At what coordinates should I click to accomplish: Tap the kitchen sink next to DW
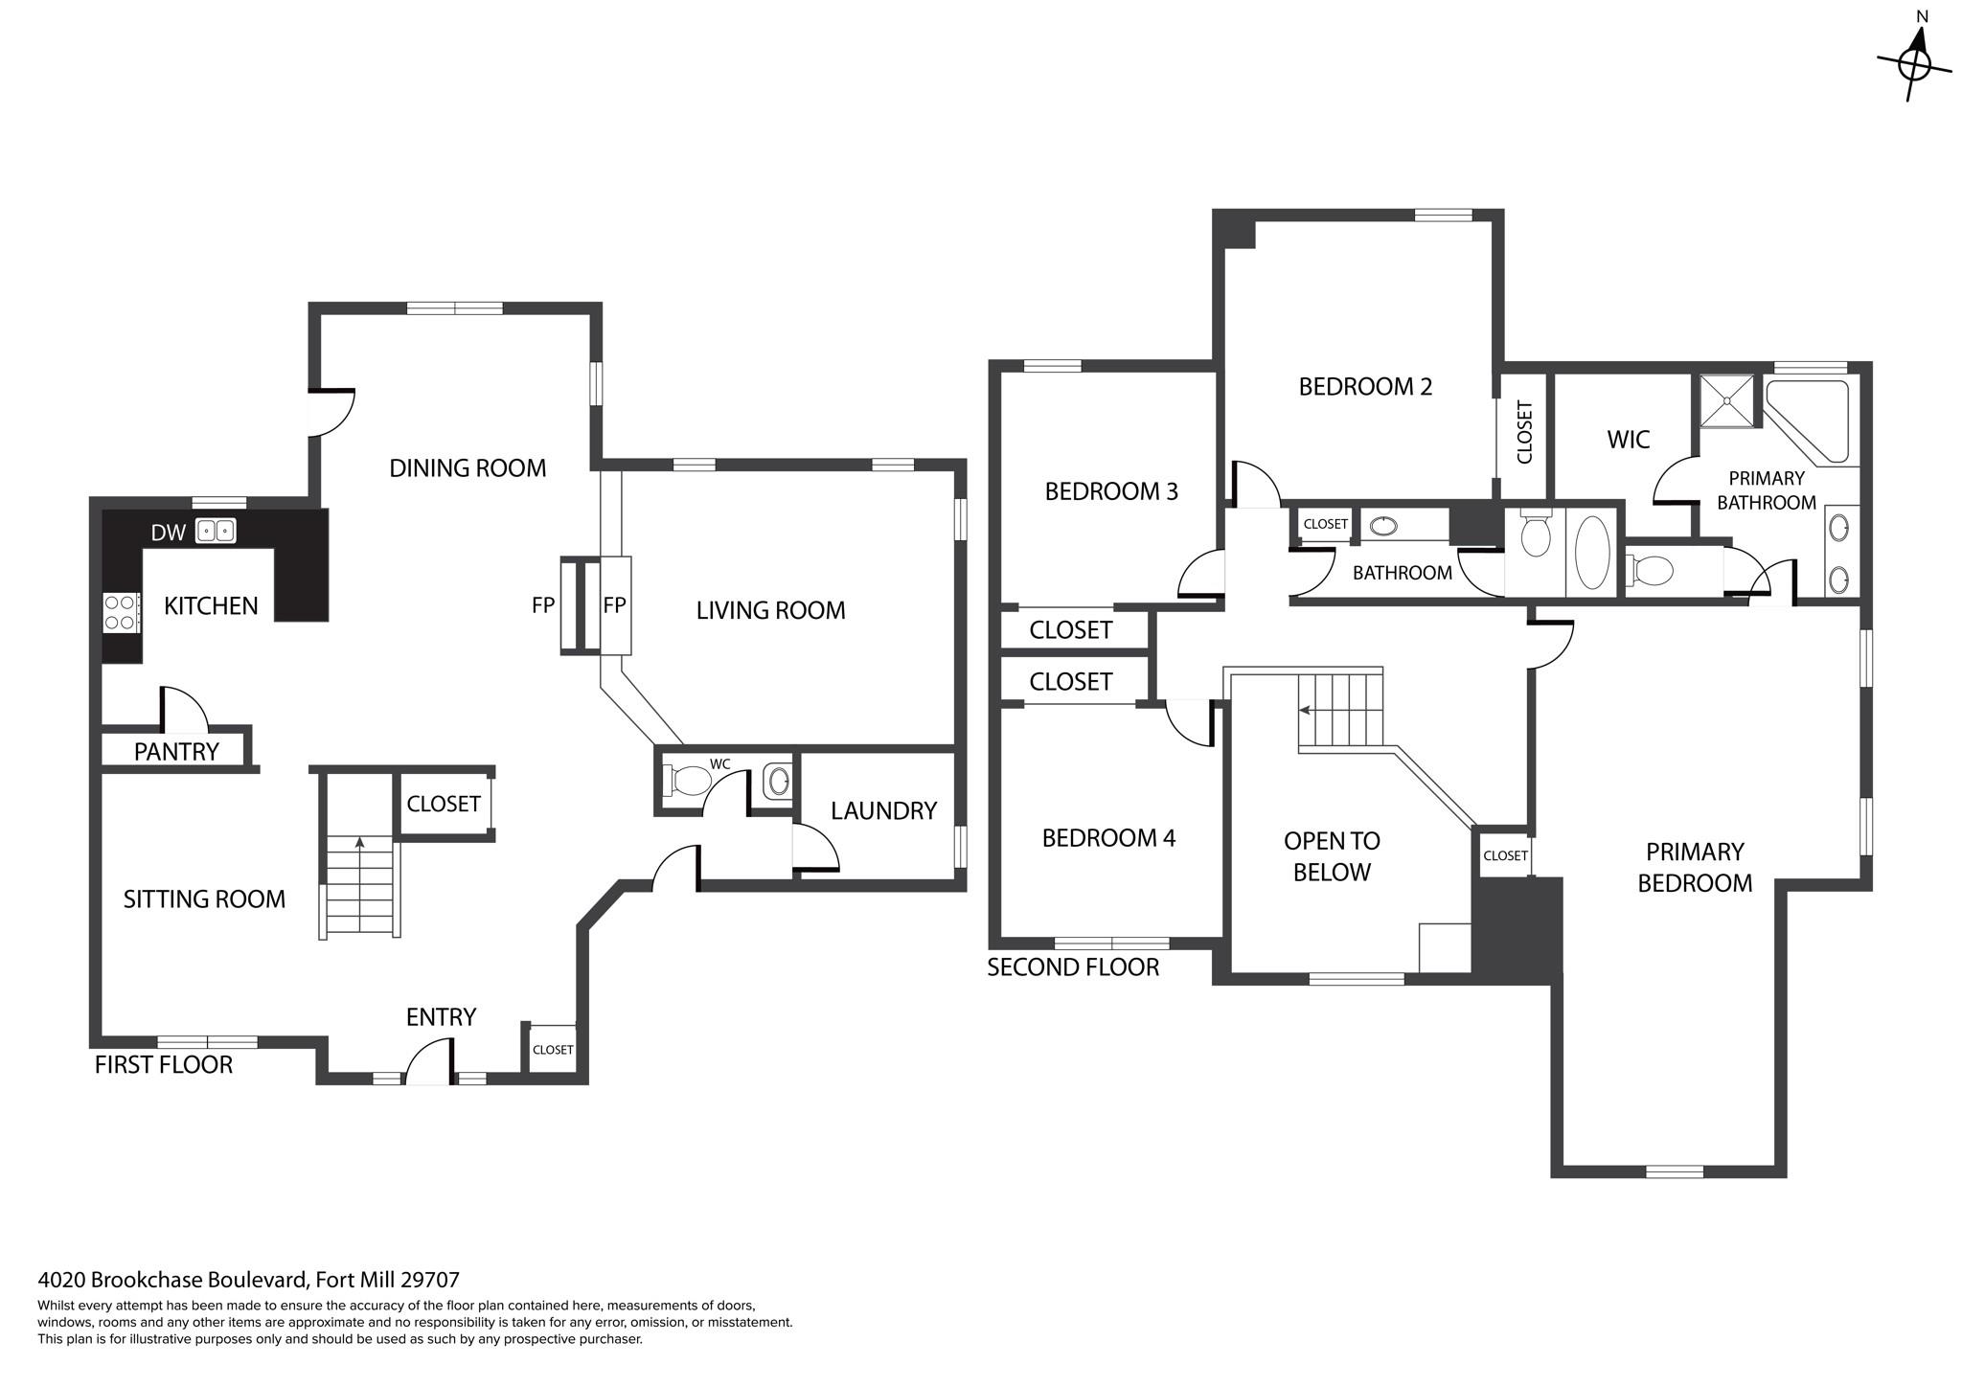click(x=216, y=531)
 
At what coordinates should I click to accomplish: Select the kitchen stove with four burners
click(x=121, y=612)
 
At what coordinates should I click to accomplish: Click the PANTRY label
click(x=176, y=752)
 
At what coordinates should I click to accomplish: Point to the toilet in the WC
click(x=687, y=780)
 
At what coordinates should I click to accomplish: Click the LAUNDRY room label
click(x=883, y=811)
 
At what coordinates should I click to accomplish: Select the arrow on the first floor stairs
click(x=360, y=843)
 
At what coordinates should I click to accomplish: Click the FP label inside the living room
click(x=614, y=605)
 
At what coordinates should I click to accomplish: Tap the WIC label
click(x=1628, y=440)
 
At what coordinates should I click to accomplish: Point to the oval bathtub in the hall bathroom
click(x=1592, y=553)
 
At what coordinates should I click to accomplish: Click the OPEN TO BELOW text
click(x=1332, y=856)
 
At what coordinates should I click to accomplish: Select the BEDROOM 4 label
click(x=1108, y=838)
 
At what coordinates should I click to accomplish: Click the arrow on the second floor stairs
click(x=1305, y=710)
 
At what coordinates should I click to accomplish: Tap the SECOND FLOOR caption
click(x=1073, y=967)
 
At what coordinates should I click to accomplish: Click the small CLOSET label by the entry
click(x=553, y=1050)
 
